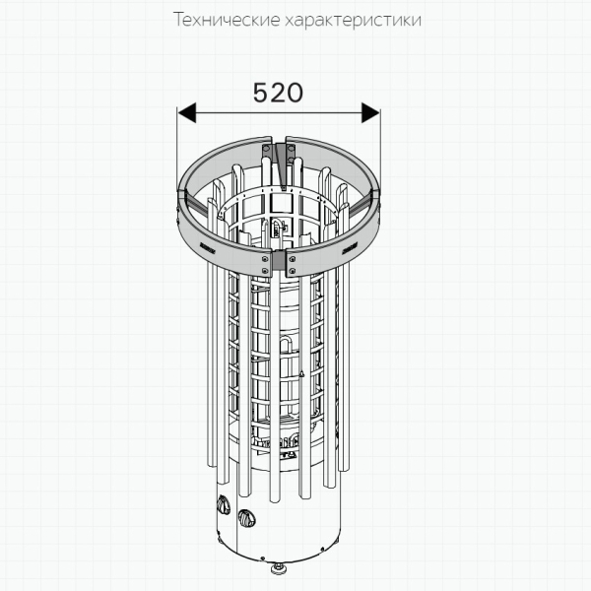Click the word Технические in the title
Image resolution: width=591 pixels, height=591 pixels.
pos(228,20)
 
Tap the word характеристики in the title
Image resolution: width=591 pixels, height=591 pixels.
pos(354,21)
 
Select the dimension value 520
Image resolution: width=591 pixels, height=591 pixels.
pos(278,93)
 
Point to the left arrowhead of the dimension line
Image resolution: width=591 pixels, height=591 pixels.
pos(187,112)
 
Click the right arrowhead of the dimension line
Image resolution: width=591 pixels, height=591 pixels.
pos(370,112)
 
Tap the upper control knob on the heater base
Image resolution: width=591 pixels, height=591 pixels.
pos(223,504)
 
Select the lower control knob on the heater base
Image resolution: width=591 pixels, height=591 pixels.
pos(246,519)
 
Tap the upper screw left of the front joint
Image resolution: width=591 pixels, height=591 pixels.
pos(265,258)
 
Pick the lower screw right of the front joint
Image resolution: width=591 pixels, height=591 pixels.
pos(293,270)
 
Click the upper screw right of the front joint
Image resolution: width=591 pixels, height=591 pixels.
pos(293,258)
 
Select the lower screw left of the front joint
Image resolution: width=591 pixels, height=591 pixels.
pos(265,270)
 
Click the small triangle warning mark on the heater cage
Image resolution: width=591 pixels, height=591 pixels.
pos(301,373)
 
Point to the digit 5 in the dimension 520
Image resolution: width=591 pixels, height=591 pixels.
pos(260,93)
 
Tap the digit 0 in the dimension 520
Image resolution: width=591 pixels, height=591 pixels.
pos(295,93)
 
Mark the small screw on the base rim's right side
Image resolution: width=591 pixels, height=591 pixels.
pos(322,549)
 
